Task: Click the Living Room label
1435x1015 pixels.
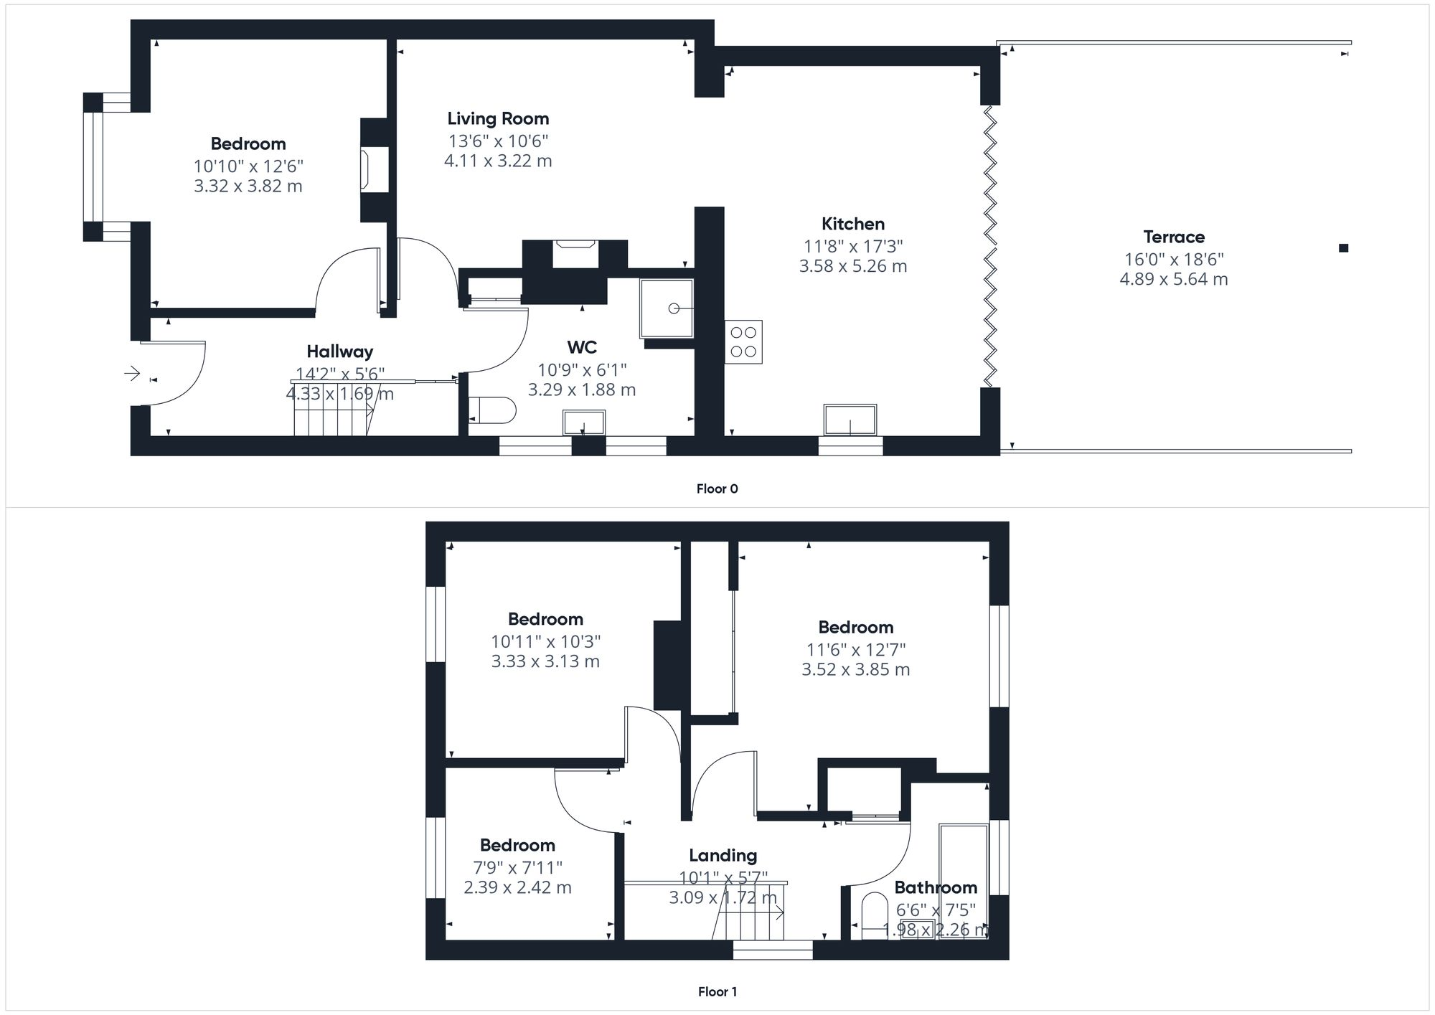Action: coord(498,119)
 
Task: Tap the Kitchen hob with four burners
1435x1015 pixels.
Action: coord(743,342)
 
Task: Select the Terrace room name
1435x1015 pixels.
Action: coord(1174,237)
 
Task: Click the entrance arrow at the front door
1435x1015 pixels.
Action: coord(132,373)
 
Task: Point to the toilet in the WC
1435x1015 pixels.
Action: coord(492,410)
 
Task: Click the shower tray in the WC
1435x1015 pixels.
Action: coord(667,308)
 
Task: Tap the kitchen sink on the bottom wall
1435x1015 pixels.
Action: coord(850,420)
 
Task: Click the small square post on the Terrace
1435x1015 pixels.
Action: coord(1344,248)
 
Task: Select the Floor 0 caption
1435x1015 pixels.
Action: coord(717,489)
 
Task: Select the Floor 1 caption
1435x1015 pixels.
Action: coord(717,992)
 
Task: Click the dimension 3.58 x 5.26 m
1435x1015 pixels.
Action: coord(853,266)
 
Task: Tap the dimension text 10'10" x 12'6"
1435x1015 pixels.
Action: coord(248,166)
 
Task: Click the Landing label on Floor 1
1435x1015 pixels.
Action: coord(723,855)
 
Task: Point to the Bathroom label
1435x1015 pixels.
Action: coord(936,887)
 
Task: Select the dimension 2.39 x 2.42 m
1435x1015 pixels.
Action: coord(517,888)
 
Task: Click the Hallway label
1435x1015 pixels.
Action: coord(339,351)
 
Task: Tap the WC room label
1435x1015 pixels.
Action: coord(582,348)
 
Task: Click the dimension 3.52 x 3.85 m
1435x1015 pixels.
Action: coord(855,670)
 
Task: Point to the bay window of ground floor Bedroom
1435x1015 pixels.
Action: coord(93,167)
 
